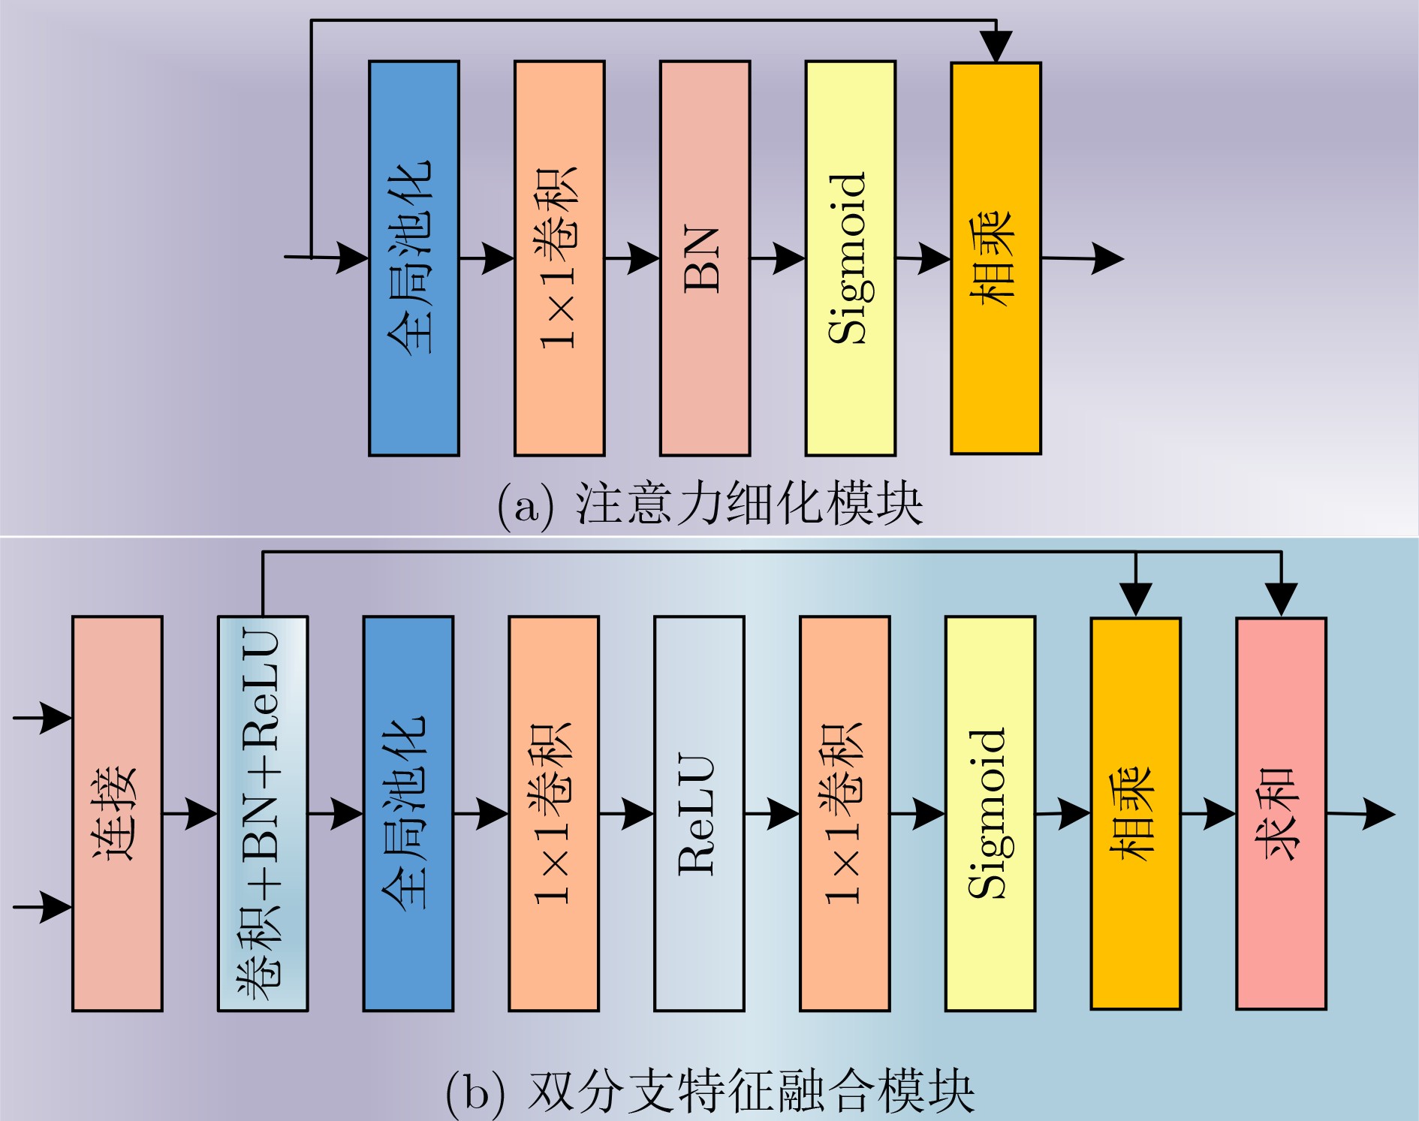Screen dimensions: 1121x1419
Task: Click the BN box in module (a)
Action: (705, 258)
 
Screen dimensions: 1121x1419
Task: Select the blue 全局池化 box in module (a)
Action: (414, 258)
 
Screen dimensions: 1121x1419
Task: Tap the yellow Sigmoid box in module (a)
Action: (850, 258)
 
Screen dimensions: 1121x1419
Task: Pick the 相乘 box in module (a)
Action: (996, 258)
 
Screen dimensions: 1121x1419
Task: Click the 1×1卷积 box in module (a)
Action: (559, 258)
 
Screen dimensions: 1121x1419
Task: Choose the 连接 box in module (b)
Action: (117, 814)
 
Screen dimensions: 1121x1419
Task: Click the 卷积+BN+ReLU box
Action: (263, 814)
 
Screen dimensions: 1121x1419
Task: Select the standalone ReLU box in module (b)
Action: (699, 814)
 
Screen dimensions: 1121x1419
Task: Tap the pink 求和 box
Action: (1281, 814)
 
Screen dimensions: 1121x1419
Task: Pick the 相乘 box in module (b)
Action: (1135, 814)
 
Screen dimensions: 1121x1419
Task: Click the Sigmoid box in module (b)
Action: (990, 814)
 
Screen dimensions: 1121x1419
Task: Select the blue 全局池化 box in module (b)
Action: (408, 814)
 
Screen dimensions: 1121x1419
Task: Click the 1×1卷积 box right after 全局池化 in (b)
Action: (553, 814)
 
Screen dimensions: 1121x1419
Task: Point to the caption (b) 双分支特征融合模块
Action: (709, 1092)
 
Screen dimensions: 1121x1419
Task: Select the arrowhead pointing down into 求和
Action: (1281, 598)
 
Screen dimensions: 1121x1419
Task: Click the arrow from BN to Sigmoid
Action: (778, 258)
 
